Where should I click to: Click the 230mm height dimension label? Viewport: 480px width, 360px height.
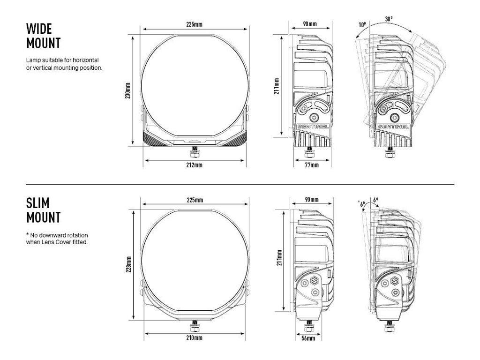point(128,90)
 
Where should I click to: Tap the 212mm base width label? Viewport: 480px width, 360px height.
point(195,165)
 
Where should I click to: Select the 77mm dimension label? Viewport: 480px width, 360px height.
point(312,165)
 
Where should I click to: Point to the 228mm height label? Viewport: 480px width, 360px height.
point(128,264)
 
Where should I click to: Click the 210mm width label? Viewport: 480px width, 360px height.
point(195,338)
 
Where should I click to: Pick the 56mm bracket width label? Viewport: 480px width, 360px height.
point(308,338)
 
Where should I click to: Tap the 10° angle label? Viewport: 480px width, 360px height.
point(362,24)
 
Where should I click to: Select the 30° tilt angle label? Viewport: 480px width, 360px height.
point(389,19)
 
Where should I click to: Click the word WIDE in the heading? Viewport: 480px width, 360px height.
point(39,29)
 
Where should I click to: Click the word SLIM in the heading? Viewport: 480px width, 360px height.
point(37,203)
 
